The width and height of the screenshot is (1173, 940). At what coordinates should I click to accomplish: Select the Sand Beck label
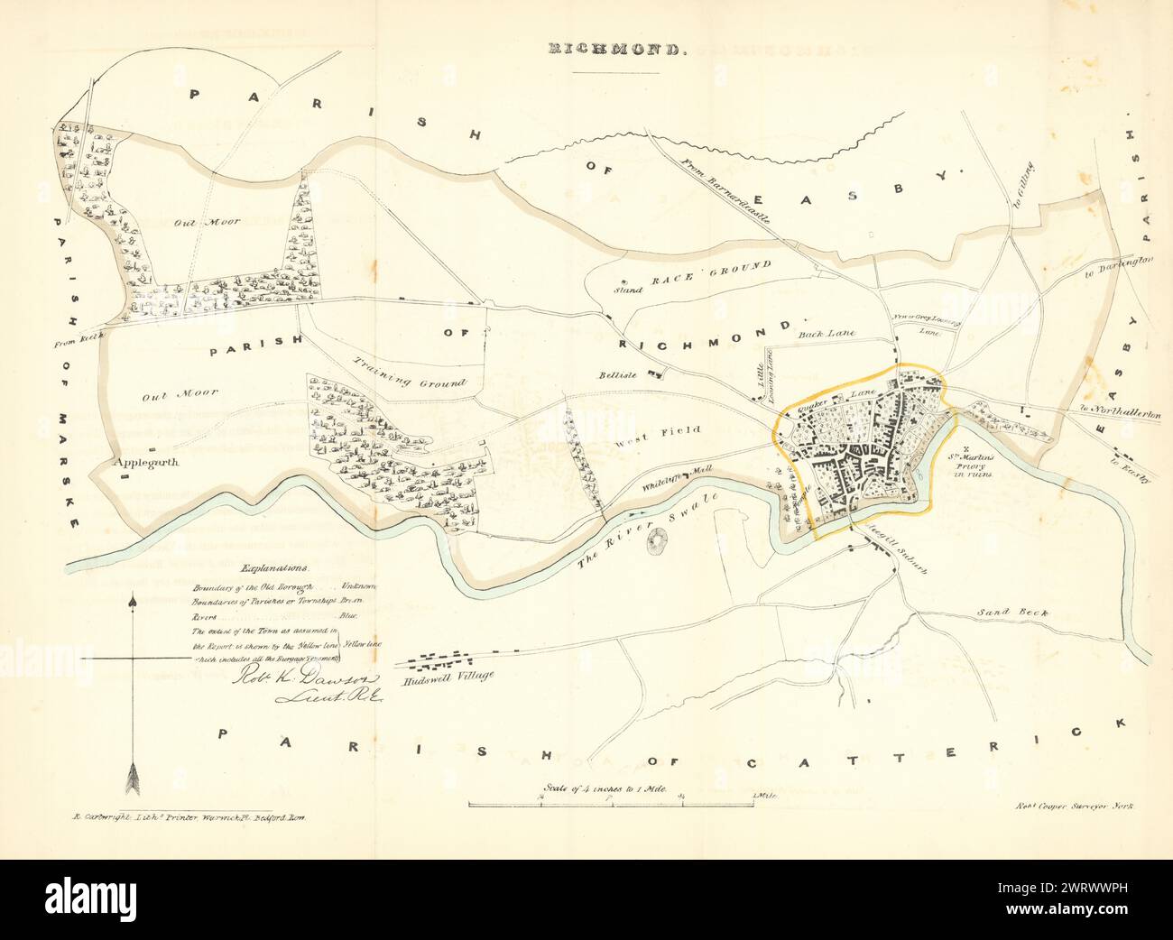point(1012,613)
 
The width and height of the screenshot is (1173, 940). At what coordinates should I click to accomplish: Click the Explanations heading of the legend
point(273,569)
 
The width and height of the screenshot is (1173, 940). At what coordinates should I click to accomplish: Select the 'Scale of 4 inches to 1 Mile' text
point(605,788)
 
